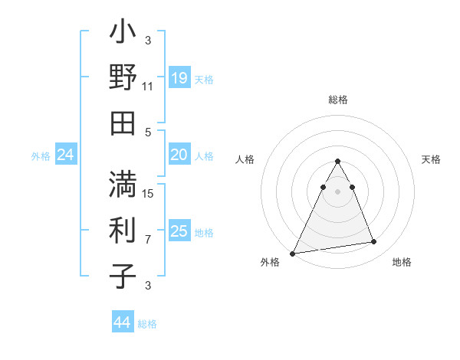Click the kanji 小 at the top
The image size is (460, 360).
pos(123,34)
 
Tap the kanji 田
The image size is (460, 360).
pos(123,123)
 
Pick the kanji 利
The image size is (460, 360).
pos(123,230)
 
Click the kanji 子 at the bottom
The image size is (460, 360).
pos(123,275)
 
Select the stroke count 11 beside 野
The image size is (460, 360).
pos(148,87)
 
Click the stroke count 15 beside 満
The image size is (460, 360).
pos(148,193)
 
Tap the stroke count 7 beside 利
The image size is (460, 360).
pos(148,239)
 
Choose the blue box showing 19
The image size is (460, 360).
pos(179,78)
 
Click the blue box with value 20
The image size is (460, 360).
pos(179,155)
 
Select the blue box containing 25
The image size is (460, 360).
pos(179,231)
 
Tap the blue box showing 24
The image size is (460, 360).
pos(65,155)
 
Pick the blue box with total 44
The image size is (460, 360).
pos(122,322)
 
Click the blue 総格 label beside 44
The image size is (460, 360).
pos(147,324)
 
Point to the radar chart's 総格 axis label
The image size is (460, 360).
pos(338,100)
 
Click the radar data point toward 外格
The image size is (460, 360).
pos(294,253)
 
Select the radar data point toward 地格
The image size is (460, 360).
pos(374,242)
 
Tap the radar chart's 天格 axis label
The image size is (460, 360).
pos(431,159)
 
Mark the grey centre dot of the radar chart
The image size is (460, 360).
pos(338,191)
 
